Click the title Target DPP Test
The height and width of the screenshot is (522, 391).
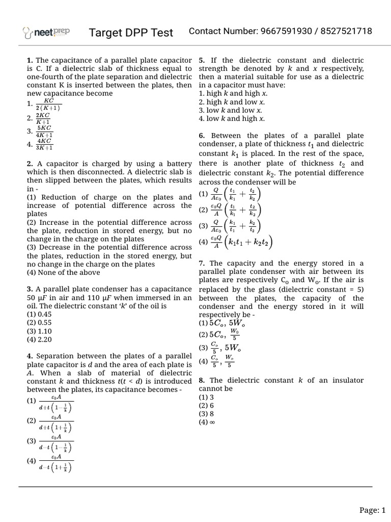[x=131, y=33]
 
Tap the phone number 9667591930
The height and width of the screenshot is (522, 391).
[x=287, y=32]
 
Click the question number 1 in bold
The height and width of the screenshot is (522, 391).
[x=30, y=61]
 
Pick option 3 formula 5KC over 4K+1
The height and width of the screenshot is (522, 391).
[x=44, y=131]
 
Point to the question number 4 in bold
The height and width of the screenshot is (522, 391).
[x=30, y=356]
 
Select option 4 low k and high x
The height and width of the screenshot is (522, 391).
[x=232, y=119]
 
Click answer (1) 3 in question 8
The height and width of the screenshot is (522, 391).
[x=206, y=397]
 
